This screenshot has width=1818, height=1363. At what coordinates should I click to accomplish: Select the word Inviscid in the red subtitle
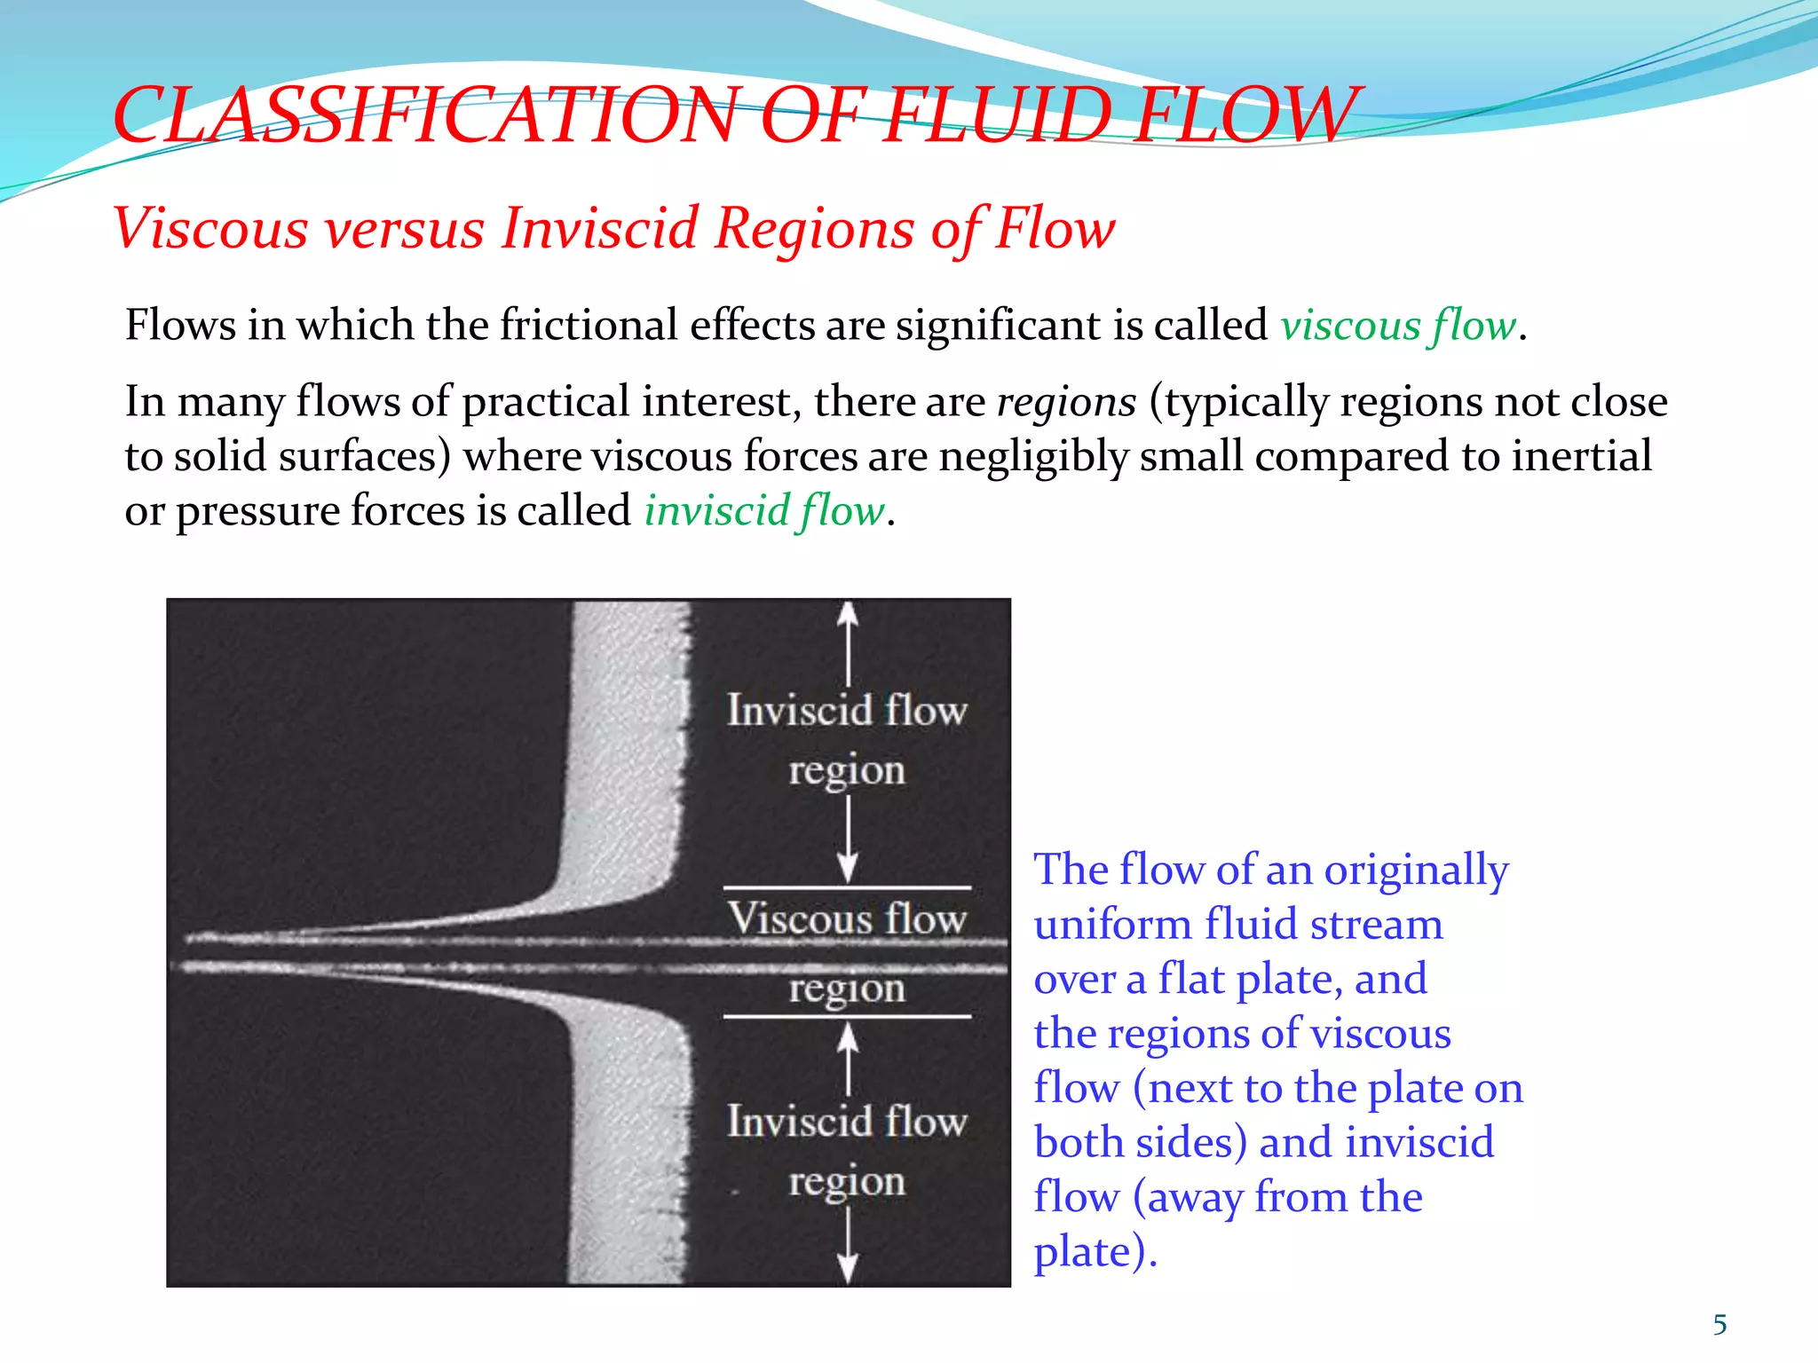pyautogui.click(x=600, y=228)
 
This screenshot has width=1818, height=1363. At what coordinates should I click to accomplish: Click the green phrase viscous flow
pyautogui.click(x=1398, y=325)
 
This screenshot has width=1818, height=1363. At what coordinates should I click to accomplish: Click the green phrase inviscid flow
pyautogui.click(x=764, y=511)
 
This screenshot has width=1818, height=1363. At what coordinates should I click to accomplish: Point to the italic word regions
pyautogui.click(x=1066, y=402)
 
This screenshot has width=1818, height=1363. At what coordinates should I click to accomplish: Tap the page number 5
pyautogui.click(x=1719, y=1325)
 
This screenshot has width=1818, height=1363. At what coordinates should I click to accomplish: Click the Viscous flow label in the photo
pyautogui.click(x=847, y=918)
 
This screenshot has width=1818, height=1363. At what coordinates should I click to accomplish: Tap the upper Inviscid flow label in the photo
pyautogui.click(x=847, y=710)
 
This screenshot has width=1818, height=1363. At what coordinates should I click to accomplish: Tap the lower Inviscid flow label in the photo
pyautogui.click(x=847, y=1122)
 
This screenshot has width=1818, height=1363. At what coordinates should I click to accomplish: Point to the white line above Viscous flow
pyautogui.click(x=847, y=887)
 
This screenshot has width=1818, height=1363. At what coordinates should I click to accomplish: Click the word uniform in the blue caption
pyautogui.click(x=1113, y=925)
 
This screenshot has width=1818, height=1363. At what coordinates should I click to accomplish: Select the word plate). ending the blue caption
pyautogui.click(x=1095, y=1252)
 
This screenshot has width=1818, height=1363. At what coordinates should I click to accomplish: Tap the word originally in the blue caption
pyautogui.click(x=1416, y=870)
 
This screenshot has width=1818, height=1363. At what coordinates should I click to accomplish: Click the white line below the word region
pyautogui.click(x=847, y=1017)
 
